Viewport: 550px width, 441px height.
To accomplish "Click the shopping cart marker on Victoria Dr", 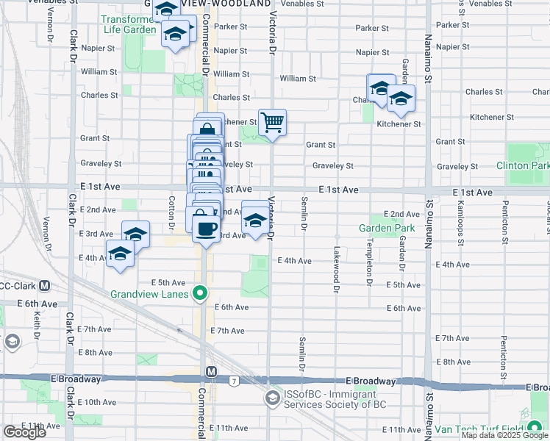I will pos(272,123).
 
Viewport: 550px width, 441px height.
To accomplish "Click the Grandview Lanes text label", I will pos(151,295).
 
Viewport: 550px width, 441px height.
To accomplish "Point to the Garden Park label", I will pos(387,228).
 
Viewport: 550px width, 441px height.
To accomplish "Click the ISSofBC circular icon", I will pos(272,398).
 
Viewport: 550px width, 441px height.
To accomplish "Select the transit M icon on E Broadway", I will pos(212,372).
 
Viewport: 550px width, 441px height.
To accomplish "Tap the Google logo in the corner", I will pos(24,432).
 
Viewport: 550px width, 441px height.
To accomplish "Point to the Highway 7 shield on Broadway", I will pos(233,381).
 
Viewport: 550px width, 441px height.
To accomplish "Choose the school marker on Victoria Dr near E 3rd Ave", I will pos(255,220).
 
